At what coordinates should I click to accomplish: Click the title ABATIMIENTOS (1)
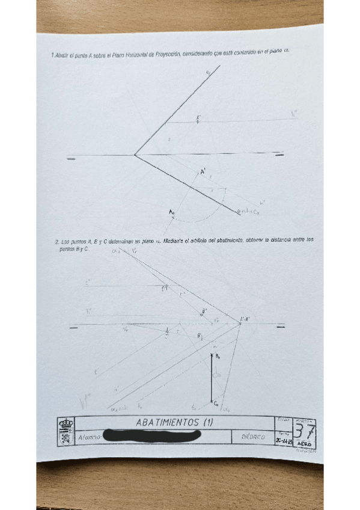tap(175, 422)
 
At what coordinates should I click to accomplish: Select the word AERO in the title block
tap(304, 444)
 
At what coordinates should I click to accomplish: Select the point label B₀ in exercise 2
tap(218, 357)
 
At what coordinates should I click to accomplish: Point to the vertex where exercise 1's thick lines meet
tap(135, 155)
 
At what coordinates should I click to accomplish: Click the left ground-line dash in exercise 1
tap(71, 158)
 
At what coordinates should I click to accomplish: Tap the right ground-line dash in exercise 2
tap(279, 327)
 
